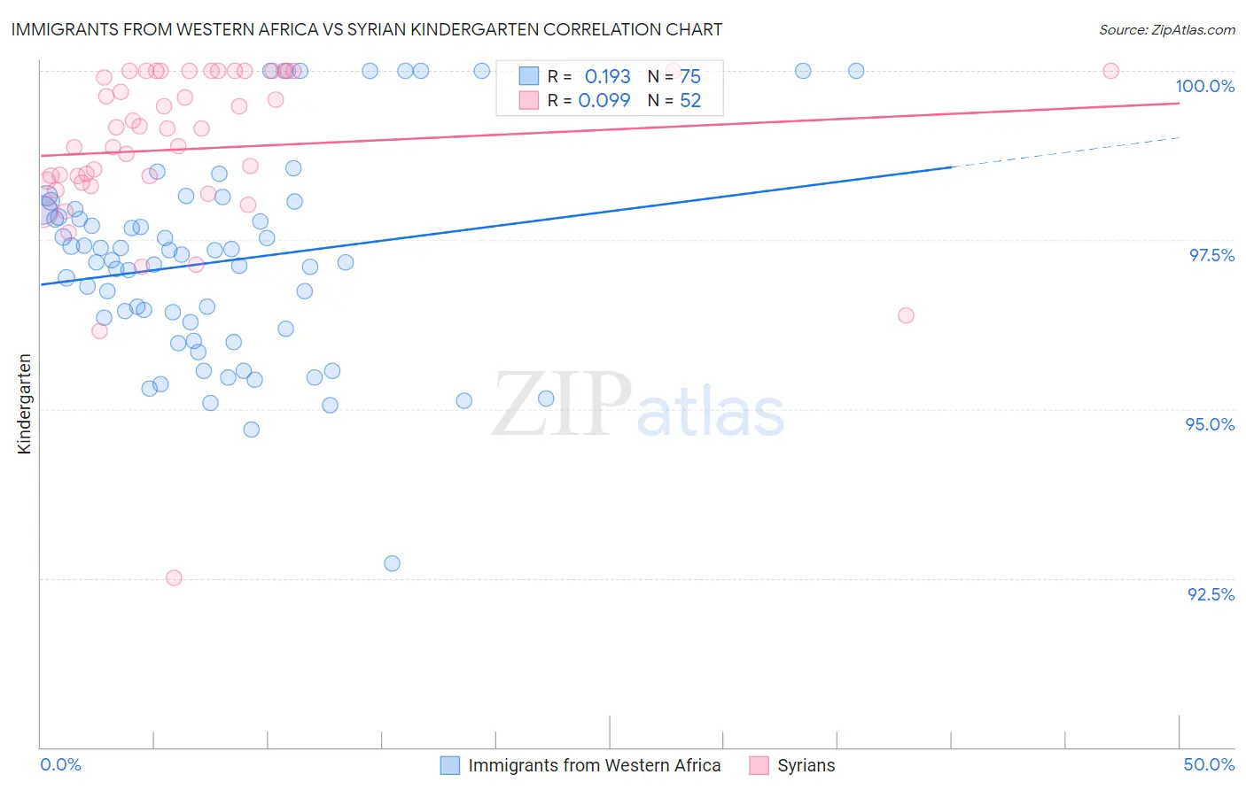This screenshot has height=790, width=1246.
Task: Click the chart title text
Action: click(x=366, y=29)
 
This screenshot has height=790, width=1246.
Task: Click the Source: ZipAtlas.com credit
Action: click(x=1166, y=29)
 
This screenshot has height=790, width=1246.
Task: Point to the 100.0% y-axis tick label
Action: click(x=1204, y=86)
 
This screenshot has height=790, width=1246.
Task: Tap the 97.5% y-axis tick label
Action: click(x=1211, y=255)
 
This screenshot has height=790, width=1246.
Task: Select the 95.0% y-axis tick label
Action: click(x=1210, y=424)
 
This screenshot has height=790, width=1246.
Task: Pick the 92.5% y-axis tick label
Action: click(x=1211, y=594)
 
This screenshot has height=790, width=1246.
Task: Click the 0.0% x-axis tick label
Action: click(x=60, y=764)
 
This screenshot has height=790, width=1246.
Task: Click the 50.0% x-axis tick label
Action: click(x=1209, y=764)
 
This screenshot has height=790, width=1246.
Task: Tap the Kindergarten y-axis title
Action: click(x=25, y=404)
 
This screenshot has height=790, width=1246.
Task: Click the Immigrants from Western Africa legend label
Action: click(x=594, y=765)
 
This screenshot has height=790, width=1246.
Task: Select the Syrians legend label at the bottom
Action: click(x=806, y=765)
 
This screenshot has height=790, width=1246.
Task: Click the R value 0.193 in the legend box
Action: click(x=607, y=77)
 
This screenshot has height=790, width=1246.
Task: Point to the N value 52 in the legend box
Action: click(x=690, y=101)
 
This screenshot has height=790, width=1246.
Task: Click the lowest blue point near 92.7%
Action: click(x=392, y=563)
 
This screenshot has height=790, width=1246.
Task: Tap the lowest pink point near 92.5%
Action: click(x=174, y=577)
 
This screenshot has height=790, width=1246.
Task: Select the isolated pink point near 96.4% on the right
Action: click(x=906, y=315)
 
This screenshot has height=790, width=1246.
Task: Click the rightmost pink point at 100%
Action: click(x=1110, y=71)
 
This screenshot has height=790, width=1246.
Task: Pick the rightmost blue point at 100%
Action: click(x=856, y=71)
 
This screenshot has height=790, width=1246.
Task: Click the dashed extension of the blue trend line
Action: click(x=1063, y=151)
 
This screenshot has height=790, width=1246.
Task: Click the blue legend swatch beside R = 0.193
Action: click(x=529, y=77)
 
